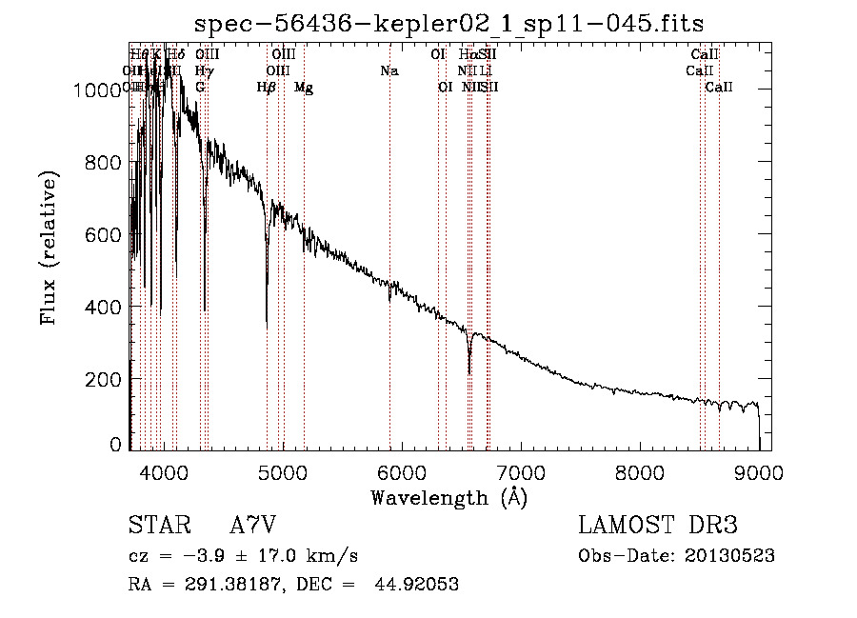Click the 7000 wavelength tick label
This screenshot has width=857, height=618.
(520, 470)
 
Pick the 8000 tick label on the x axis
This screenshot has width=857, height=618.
(639, 470)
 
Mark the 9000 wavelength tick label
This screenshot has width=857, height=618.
(758, 470)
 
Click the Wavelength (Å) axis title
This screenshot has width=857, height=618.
(448, 497)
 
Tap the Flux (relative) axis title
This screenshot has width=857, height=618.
(50, 248)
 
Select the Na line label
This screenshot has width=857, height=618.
(389, 70)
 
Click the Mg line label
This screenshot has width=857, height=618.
(304, 88)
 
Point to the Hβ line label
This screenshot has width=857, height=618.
(267, 88)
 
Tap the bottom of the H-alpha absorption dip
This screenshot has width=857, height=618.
(468, 372)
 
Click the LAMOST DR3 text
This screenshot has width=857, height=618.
(658, 526)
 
